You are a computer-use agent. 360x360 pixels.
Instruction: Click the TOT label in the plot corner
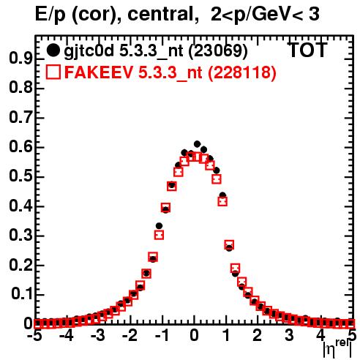tap(307, 50)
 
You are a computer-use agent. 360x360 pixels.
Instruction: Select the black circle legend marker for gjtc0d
tap(53, 50)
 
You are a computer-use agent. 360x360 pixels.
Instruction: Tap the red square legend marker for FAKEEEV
tap(53, 72)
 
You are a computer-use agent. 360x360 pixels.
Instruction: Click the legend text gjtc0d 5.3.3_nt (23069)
tap(156, 51)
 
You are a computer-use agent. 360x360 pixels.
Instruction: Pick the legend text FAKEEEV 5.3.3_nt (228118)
tap(170, 72)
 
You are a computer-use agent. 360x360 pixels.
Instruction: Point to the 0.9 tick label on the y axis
tap(20, 59)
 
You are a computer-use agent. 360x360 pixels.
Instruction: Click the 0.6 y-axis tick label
tap(20, 147)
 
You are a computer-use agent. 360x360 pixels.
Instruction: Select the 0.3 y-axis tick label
tap(20, 236)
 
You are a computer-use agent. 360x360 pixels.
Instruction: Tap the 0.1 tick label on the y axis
tap(22, 294)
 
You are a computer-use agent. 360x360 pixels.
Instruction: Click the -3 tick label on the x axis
tap(98, 336)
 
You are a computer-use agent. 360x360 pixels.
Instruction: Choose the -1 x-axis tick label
tap(162, 336)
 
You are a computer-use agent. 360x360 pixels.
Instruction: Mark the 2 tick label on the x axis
tap(258, 336)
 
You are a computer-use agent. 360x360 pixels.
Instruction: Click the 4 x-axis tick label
tap(321, 336)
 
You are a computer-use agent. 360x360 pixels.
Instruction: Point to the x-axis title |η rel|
tap(337, 348)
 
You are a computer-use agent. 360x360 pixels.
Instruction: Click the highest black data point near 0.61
tap(197, 144)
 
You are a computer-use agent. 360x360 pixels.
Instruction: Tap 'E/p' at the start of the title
tap(50, 15)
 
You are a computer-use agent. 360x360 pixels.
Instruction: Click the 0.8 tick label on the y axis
tap(20, 88)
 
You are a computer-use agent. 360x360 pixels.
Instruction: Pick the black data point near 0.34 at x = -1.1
tap(159, 226)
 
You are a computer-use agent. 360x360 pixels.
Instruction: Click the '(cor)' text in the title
tap(96, 15)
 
